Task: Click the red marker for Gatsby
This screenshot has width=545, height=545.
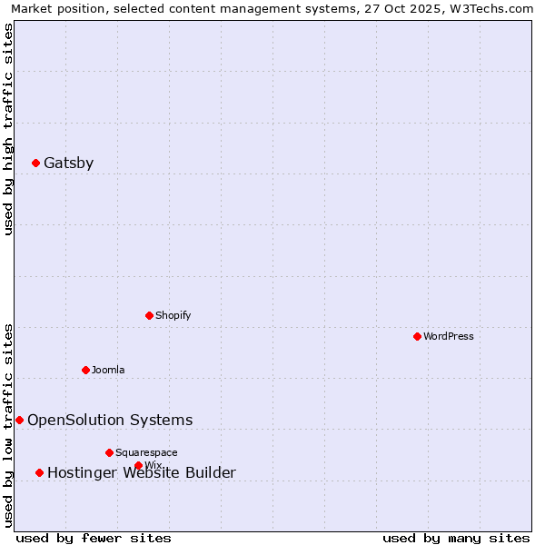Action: [35, 163]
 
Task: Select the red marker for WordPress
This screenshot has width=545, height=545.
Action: [417, 336]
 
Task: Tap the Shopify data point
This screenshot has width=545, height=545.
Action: [149, 315]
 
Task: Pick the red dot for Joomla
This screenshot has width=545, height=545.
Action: [85, 370]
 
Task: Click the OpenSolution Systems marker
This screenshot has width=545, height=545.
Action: [19, 420]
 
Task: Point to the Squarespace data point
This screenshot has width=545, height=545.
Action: [109, 452]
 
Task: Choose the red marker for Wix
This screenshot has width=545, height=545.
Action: [138, 465]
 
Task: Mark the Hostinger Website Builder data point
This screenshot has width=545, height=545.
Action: [39, 472]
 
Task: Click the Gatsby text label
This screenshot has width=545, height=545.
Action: [68, 163]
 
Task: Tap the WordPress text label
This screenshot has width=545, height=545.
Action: [449, 336]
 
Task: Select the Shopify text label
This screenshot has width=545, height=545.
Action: [173, 315]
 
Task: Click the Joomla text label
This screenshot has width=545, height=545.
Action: [108, 370]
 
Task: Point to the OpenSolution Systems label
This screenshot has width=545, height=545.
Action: [110, 420]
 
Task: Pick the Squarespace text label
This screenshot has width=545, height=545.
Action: [146, 452]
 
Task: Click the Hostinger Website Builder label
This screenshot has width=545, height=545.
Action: [141, 473]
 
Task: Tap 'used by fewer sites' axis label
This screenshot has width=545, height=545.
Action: [94, 538]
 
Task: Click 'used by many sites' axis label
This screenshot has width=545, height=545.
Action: [456, 538]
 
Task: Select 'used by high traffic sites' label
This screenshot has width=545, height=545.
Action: [8, 129]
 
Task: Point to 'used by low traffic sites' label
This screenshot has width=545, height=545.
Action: [8, 424]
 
